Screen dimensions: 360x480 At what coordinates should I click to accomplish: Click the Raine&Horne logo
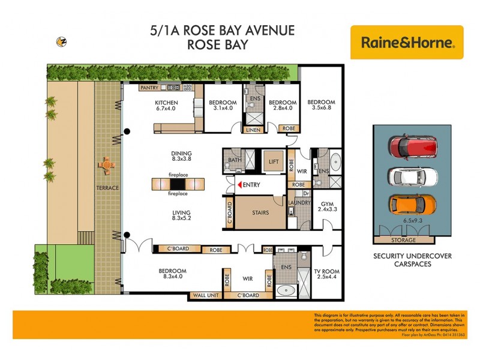407,42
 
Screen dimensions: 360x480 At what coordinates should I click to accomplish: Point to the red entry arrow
240,185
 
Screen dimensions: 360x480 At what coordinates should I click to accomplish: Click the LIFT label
274,161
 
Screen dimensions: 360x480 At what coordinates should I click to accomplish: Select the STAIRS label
260,212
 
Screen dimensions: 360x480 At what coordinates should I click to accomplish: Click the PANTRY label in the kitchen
149,88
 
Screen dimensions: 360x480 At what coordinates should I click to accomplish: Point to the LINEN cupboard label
253,128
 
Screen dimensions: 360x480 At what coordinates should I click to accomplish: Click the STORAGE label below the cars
403,240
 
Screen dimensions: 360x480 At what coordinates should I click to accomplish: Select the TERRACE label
107,188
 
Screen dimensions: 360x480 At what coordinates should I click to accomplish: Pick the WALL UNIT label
205,295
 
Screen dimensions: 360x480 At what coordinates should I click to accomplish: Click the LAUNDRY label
299,203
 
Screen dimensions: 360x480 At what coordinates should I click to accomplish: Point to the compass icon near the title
61,41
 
